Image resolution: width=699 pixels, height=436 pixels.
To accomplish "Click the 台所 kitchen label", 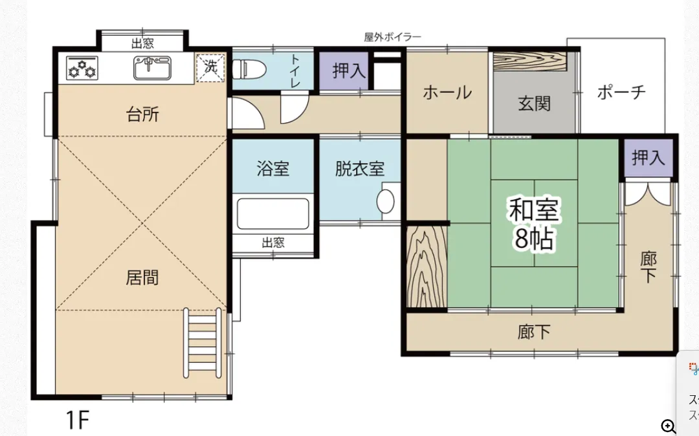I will click(x=142, y=115).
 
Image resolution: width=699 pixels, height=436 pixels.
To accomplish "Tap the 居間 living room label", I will click(x=142, y=278).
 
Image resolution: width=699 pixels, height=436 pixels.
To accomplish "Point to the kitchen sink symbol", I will click(x=153, y=67).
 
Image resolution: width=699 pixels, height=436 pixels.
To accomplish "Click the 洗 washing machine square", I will click(x=211, y=67).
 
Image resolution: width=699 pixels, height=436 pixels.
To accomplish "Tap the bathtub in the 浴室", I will click(x=272, y=214).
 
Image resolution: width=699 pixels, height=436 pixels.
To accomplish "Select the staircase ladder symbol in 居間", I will click(x=203, y=343).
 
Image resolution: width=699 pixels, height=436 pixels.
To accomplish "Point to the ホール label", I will click(x=447, y=93).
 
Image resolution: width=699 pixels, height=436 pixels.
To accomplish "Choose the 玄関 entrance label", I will click(x=535, y=104).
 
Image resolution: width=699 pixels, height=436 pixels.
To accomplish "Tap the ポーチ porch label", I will click(x=621, y=92).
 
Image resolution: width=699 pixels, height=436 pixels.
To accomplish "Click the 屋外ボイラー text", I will click(x=392, y=38).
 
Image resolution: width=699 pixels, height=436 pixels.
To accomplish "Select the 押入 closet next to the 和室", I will click(x=649, y=157).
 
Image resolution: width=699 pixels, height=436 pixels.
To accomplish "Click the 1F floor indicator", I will click(x=76, y=421).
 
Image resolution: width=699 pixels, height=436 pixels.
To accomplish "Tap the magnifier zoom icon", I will click(x=669, y=426).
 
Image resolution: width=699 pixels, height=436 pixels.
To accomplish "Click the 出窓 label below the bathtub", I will click(x=273, y=243).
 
